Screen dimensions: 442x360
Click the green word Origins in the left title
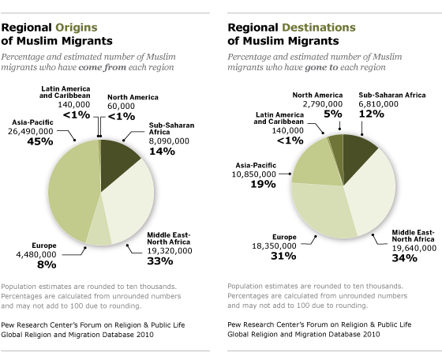77,28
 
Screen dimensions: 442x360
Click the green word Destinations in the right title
319,28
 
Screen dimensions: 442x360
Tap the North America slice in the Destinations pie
337,148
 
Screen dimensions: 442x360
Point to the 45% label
40,141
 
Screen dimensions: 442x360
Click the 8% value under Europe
47,264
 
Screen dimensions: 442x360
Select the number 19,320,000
170,251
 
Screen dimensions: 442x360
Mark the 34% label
404,258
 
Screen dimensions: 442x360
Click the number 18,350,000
275,246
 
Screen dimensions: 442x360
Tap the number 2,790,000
323,104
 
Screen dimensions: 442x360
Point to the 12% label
372,114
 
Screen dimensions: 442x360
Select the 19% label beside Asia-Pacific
264,185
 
